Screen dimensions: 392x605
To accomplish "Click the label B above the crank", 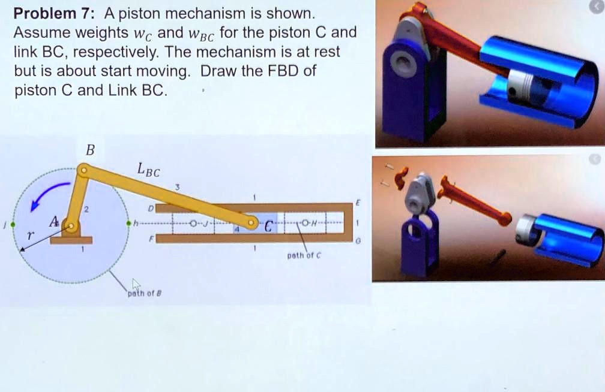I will pyautogui.click(x=90, y=150).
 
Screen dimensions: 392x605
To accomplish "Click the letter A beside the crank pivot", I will pyautogui.click(x=54, y=222).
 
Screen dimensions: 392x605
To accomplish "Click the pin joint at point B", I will pyautogui.click(x=85, y=171).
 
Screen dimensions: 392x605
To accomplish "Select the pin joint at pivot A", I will pyautogui.click(x=71, y=227).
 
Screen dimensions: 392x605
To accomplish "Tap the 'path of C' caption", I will pyautogui.click(x=306, y=255).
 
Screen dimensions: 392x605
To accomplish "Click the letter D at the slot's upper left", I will pyautogui.click(x=151, y=207).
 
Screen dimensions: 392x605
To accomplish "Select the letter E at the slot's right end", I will pyautogui.click(x=357, y=204).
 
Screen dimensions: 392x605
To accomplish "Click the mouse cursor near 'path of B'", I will pyautogui.click(x=136, y=284).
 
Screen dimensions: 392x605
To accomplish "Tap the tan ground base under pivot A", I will pyautogui.click(x=71, y=240).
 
